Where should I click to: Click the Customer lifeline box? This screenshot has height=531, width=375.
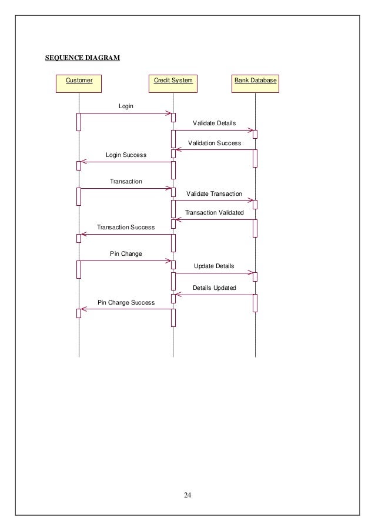[79, 84]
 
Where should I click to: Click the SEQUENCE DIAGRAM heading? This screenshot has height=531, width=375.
[82, 58]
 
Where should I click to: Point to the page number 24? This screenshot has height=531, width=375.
[187, 494]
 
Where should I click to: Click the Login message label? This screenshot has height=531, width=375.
[126, 106]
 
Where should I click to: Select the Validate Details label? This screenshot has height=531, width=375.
[214, 123]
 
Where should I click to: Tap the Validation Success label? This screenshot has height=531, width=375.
[214, 143]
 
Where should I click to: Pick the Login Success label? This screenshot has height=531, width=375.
[126, 155]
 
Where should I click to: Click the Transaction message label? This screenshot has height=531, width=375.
[126, 182]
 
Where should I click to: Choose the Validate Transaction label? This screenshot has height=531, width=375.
[214, 193]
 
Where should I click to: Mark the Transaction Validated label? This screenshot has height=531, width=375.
[214, 213]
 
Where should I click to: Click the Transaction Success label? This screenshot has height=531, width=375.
[126, 227]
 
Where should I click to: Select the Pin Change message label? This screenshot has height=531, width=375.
[126, 254]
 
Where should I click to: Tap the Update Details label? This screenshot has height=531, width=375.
[214, 266]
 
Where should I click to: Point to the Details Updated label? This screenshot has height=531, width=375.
[214, 288]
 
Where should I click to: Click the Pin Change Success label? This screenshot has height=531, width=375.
[126, 302]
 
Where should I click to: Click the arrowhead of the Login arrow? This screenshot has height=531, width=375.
[169, 113]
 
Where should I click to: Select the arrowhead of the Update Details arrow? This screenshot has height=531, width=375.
[251, 273]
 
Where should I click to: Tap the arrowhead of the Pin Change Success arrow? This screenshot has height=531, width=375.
[83, 309]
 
